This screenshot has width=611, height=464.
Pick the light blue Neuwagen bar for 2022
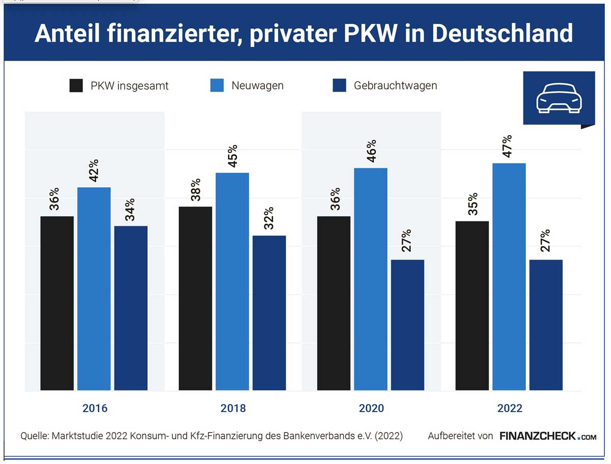(509, 277)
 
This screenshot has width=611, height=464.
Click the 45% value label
(232, 156)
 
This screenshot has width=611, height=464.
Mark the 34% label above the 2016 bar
(130, 209)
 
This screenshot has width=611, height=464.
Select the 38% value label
(195, 190)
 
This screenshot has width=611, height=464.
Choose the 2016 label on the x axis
(95, 408)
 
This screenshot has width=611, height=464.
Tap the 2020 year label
(371, 408)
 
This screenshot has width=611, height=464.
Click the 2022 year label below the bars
(510, 408)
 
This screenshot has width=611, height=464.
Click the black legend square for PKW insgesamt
(76, 85)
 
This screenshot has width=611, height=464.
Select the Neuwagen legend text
(257, 85)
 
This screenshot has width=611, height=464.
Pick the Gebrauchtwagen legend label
(395, 85)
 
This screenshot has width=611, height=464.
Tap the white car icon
(559, 98)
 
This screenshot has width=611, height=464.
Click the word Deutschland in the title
(503, 33)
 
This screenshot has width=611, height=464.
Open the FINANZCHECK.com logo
(548, 436)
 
